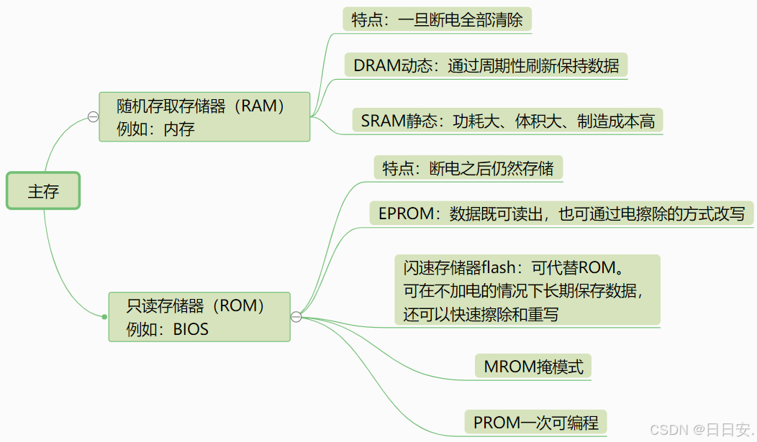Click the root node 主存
tap(43, 190)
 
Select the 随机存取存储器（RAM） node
tap(204, 116)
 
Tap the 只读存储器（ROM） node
tap(199, 316)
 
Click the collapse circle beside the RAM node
tap(93, 117)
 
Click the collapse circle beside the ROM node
tap(296, 317)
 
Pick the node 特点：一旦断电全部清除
tap(437, 19)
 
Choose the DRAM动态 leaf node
tap(486, 65)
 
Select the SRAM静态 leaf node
tap(507, 121)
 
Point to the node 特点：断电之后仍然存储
tap(468, 168)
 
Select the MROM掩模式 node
tap(533, 367)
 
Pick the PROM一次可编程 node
tap(535, 421)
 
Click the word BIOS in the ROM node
tap(191, 329)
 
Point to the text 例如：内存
tap(155, 129)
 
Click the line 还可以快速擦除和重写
tap(481, 314)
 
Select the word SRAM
tap(384, 121)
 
